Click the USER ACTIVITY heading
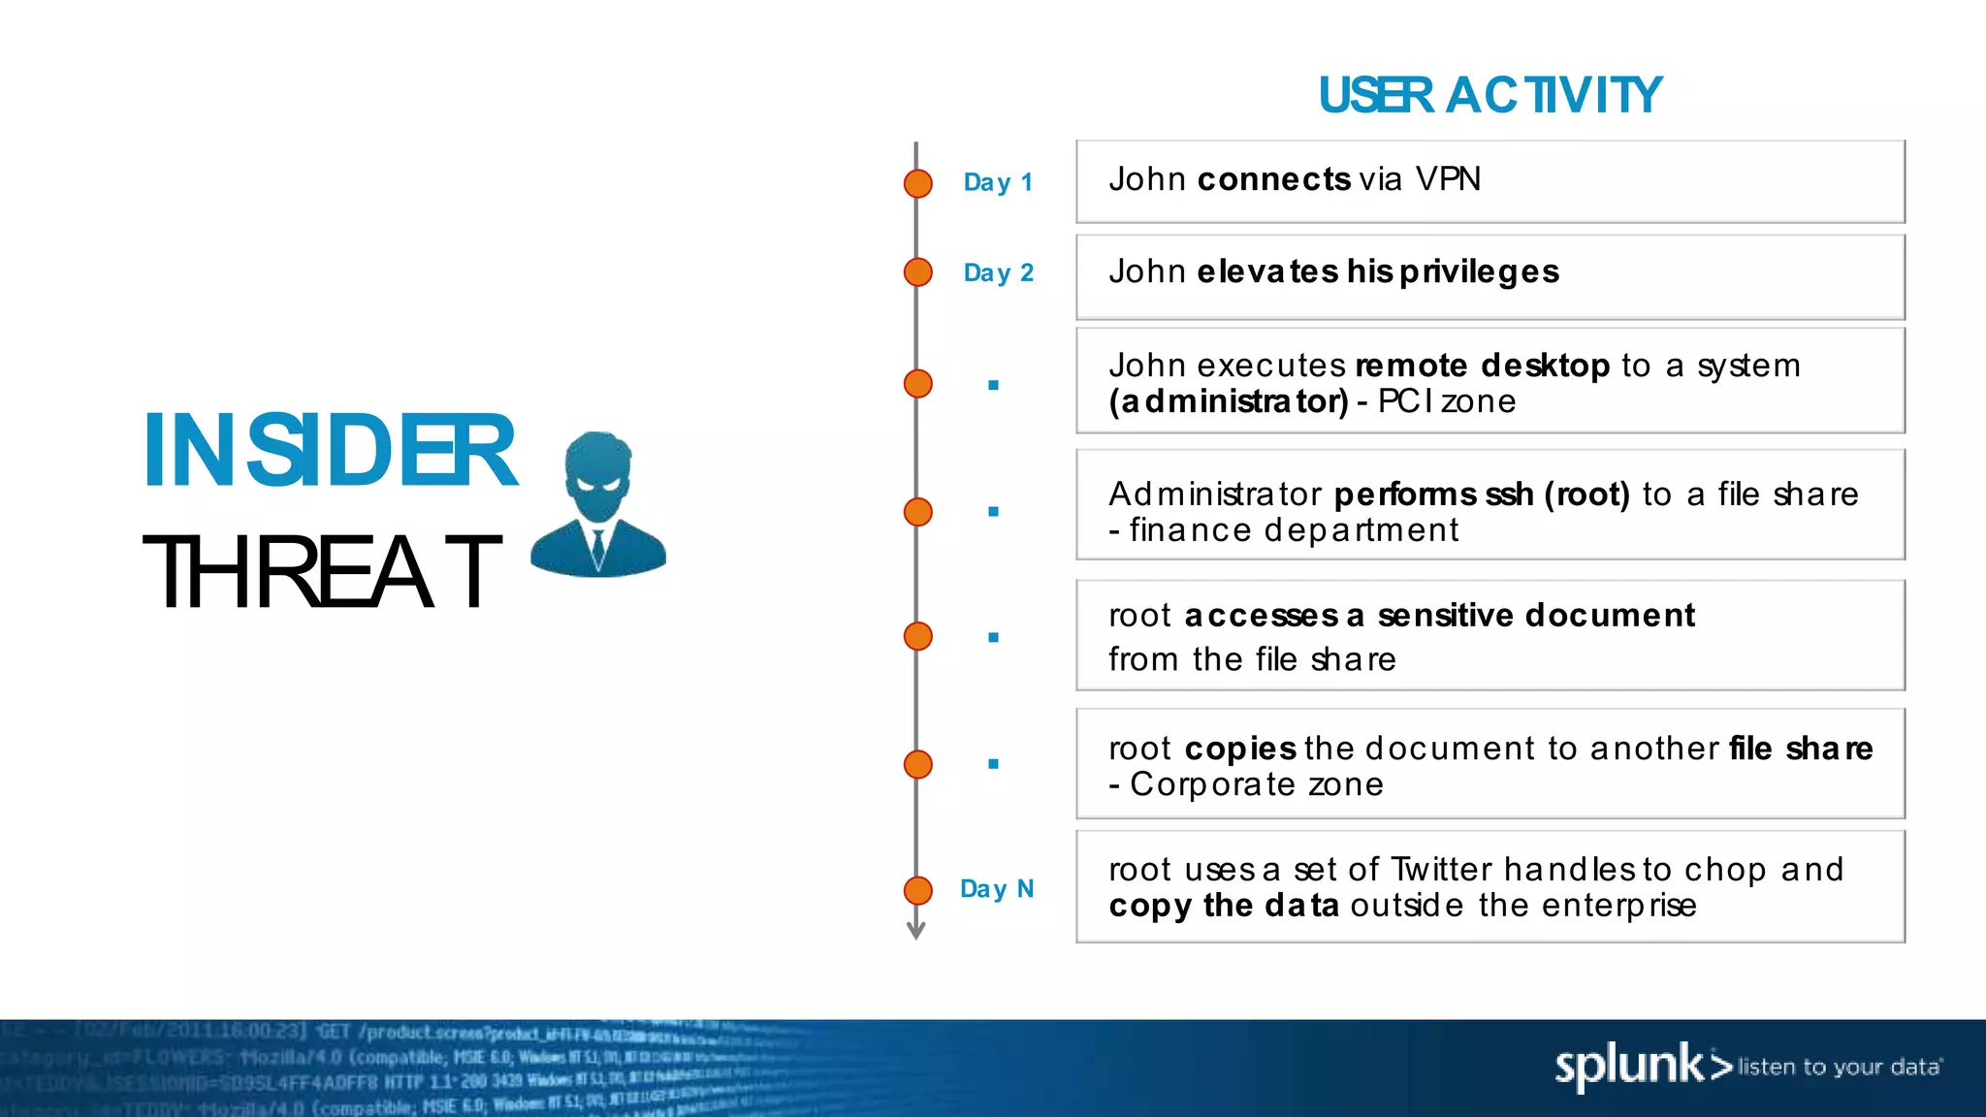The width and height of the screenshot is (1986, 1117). click(x=1489, y=96)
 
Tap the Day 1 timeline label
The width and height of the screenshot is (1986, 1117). click(x=998, y=182)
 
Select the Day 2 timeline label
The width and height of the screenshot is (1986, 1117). click(x=998, y=272)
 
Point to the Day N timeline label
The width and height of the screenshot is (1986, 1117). click(x=997, y=889)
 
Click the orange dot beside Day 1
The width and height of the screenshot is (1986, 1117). click(x=917, y=183)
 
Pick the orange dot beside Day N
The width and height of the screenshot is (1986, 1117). click(x=917, y=890)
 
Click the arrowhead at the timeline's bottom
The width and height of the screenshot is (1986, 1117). click(x=915, y=931)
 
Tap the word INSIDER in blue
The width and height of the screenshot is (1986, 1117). click(x=330, y=451)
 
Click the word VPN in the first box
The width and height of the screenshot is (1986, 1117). click(x=1448, y=179)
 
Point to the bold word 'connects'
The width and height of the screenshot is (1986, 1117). click(x=1273, y=179)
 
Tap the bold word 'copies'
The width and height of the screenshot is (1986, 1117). click(x=1240, y=749)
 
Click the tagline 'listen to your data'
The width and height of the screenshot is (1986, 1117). click(x=1839, y=1068)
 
